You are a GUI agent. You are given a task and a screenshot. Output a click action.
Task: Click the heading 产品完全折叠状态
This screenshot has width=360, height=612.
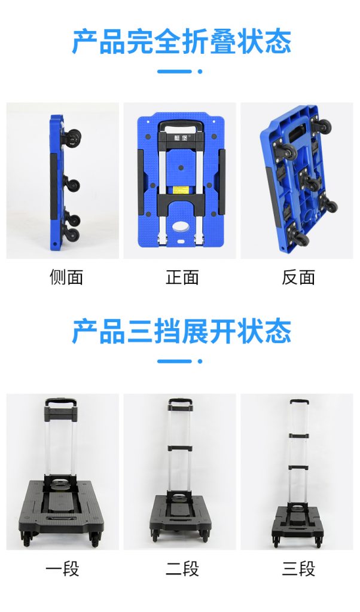(182, 42)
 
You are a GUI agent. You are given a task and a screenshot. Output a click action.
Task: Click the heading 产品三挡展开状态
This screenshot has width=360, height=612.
(182, 331)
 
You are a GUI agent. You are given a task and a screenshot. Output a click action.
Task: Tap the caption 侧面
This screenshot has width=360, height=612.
(66, 277)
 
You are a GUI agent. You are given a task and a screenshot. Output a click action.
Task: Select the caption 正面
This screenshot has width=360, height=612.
(182, 277)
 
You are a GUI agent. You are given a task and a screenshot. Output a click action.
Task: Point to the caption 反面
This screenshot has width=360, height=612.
(298, 277)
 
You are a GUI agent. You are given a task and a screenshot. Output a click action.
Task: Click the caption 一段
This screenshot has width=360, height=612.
(62, 568)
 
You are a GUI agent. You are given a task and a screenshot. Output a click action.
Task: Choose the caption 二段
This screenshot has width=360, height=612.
(182, 568)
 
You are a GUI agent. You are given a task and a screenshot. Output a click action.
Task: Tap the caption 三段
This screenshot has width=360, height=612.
(298, 568)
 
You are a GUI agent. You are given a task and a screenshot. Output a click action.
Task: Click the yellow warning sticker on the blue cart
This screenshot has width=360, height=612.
(181, 189)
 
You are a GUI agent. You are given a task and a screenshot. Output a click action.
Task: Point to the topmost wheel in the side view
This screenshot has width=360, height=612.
(73, 137)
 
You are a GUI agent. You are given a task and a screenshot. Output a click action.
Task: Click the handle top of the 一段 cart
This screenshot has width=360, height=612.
(60, 401)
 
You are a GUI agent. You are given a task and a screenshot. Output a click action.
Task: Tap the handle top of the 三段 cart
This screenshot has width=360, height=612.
(300, 402)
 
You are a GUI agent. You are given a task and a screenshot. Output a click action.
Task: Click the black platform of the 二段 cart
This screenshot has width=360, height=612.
(181, 515)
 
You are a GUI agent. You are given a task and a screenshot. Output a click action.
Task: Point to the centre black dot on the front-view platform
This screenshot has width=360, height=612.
(181, 167)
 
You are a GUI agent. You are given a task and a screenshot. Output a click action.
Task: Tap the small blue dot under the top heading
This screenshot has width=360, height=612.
(200, 72)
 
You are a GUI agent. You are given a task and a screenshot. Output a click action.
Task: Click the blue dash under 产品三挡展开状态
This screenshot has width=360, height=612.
(175, 362)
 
